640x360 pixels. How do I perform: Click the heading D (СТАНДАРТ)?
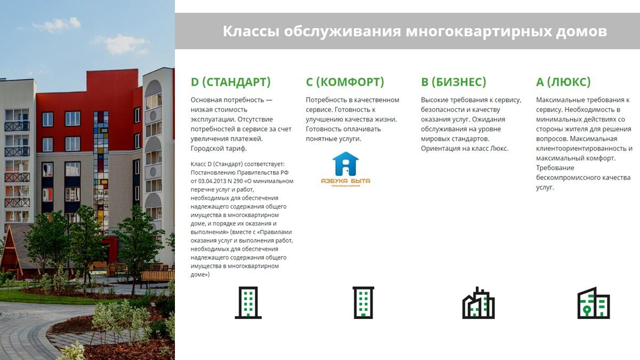coord(230,82)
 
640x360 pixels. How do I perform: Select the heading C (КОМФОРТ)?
coord(345,82)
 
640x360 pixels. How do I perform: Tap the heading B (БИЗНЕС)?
coord(453,82)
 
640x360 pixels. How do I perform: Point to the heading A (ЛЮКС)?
coord(563,82)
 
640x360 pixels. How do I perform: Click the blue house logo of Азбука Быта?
coord(346,164)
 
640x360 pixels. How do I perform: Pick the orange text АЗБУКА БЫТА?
coord(346,181)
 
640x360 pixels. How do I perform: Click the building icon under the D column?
coord(248,302)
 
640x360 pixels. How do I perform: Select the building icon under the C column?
coord(363,302)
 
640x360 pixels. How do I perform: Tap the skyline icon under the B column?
coord(478,303)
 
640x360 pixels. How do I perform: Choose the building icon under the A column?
coord(594,303)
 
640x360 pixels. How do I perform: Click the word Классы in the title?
coord(251,31)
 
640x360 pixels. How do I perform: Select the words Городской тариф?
coord(219,149)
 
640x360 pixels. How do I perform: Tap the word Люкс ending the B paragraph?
coord(499,149)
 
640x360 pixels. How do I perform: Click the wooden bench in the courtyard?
coord(157,276)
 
